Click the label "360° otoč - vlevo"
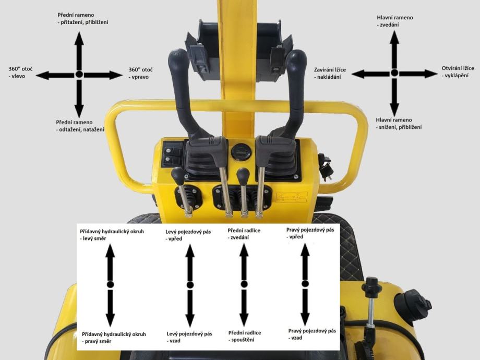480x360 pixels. (20, 73)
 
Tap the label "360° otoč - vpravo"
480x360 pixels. (140, 73)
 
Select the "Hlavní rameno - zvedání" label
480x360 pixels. (394, 21)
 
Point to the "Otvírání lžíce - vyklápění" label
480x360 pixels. (458, 71)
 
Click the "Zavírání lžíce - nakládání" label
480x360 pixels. (330, 73)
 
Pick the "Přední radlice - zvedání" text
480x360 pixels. (244, 234)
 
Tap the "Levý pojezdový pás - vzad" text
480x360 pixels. (189, 337)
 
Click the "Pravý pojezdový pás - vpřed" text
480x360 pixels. (310, 233)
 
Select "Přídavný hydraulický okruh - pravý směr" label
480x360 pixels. (114, 338)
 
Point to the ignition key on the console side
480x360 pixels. (326, 167)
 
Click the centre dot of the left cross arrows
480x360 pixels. (79, 74)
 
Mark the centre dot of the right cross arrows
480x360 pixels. (394, 73)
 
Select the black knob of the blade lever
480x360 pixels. (243, 176)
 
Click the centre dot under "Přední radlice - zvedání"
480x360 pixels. (244, 284)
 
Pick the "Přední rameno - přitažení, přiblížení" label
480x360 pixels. (82, 18)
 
